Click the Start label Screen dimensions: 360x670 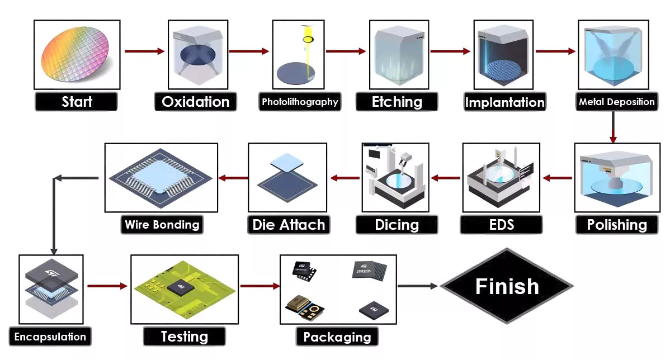point(77,102)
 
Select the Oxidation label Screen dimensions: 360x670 point(195,102)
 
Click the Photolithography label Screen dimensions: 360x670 point(300,102)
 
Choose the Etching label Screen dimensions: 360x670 point(397,102)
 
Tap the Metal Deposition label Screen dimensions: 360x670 point(616,102)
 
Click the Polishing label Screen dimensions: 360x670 point(617,225)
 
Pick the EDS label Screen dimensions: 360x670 point(501,225)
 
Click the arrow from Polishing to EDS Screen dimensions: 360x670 point(558,178)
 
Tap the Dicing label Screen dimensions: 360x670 point(397,225)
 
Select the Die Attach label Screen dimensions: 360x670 point(289,225)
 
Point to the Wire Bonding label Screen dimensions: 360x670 point(162,225)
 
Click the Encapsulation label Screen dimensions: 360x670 point(50,337)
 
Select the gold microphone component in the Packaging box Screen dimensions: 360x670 point(301,306)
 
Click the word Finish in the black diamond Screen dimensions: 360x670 point(507,286)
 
